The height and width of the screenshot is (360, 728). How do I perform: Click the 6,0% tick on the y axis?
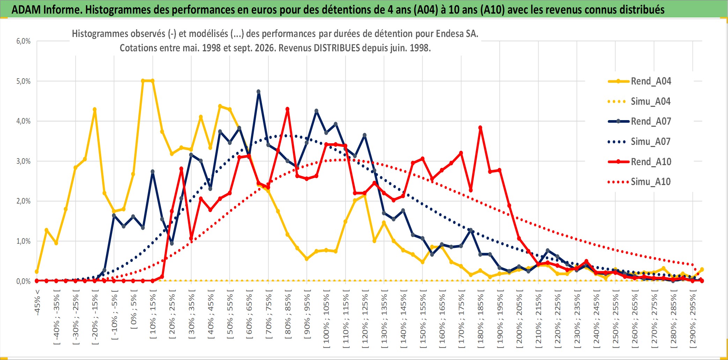23,41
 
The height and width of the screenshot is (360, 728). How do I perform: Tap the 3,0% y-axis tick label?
23,161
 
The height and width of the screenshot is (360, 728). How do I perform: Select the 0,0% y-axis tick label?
23,281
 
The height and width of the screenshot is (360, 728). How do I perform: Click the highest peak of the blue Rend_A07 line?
259,91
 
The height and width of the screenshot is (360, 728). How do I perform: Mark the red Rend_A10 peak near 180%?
480,128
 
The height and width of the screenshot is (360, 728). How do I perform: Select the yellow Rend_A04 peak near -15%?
95,109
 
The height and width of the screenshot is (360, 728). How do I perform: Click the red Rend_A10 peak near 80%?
288,109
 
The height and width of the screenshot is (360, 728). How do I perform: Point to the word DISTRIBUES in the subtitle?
337,48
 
